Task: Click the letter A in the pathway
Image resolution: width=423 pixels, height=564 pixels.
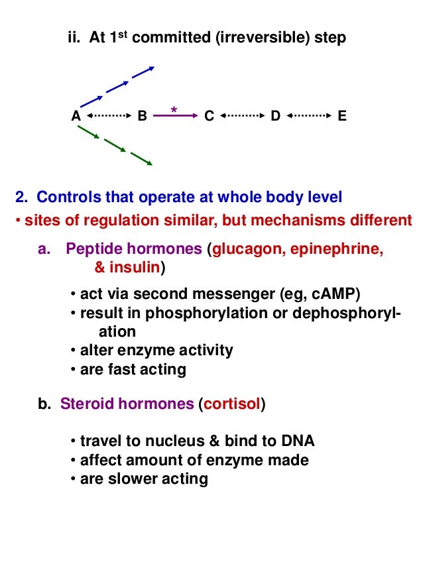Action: [x=76, y=116]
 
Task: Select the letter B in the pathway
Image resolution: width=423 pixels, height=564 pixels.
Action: [x=142, y=116]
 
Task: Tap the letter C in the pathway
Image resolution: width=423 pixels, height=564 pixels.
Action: [x=209, y=116]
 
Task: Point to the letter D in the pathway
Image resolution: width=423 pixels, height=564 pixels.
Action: [x=275, y=116]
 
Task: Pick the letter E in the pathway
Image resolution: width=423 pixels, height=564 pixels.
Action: [x=341, y=116]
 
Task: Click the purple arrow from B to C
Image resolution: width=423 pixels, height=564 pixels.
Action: [x=176, y=116]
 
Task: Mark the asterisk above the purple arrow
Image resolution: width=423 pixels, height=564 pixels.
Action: [x=174, y=109]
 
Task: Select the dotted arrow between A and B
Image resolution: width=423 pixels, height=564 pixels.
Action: [x=109, y=116]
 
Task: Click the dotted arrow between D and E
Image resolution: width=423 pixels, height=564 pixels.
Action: [x=308, y=116]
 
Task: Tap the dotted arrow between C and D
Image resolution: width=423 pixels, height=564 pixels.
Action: [x=242, y=116]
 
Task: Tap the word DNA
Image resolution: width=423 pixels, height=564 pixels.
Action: [x=298, y=441]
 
